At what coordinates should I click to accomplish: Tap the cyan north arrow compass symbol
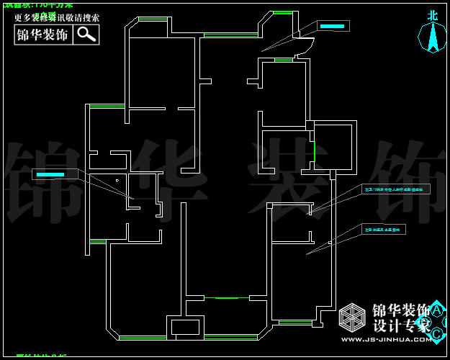433,37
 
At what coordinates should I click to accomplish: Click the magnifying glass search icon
86,34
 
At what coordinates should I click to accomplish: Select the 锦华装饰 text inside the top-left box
43,34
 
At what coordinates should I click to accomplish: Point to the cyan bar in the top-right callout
332,26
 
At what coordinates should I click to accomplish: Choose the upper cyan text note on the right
397,189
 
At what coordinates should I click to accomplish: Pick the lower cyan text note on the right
384,230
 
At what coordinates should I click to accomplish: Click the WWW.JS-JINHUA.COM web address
386,339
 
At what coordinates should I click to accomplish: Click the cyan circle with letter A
436,310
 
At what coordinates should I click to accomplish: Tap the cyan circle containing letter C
437,333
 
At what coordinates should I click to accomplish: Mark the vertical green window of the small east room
315,151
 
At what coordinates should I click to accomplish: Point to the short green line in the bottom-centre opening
226,297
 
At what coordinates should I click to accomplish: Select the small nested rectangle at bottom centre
185,326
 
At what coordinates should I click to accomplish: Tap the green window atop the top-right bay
283,12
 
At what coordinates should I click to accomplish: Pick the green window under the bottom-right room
295,322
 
